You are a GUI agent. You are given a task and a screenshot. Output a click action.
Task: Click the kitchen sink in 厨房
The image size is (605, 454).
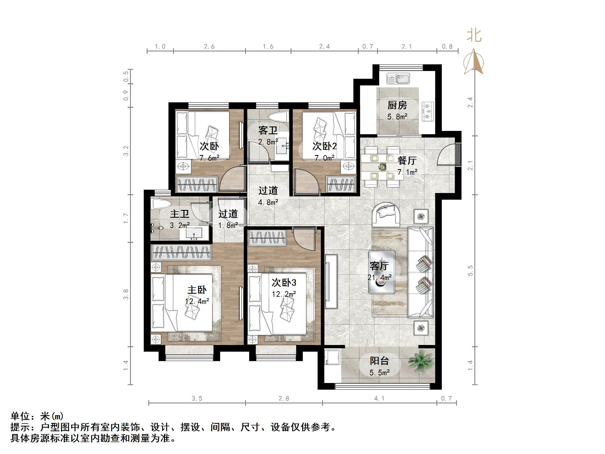[398, 78]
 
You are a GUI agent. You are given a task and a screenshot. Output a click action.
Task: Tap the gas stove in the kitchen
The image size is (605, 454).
[427, 111]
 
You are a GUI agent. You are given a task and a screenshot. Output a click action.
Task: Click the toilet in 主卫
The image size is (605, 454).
[161, 205]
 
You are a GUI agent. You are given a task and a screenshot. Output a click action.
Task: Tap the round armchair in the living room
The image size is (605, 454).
[388, 214]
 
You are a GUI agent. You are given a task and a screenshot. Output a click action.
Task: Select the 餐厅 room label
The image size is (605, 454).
[407, 160]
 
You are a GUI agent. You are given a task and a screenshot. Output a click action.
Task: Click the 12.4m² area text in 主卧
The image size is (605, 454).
[197, 301]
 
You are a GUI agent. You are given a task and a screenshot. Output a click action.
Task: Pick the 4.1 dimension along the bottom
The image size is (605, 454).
[379, 399]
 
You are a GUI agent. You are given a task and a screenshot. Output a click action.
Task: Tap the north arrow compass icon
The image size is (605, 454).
[474, 62]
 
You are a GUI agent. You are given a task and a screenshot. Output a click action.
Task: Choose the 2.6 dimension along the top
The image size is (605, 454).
[209, 47]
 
